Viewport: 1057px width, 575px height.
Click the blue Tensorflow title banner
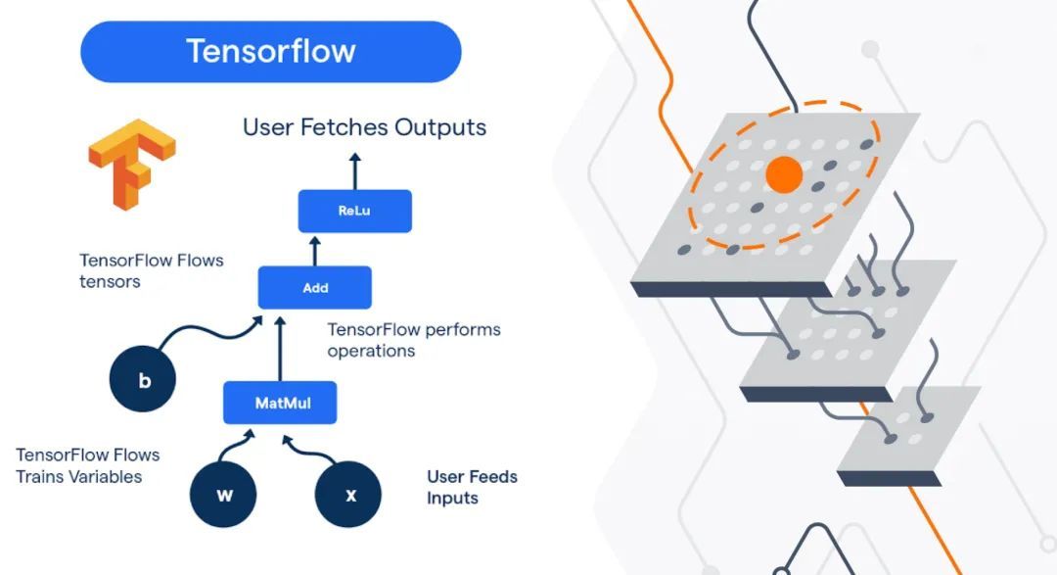pyautogui.click(x=270, y=51)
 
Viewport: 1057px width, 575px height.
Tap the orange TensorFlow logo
pyautogui.click(x=131, y=163)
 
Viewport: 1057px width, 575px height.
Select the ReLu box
pyautogui.click(x=354, y=211)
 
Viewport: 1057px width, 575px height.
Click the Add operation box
pyautogui.click(x=315, y=288)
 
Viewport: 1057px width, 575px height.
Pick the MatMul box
pyautogui.click(x=280, y=403)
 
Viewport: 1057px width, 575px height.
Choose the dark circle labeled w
pyautogui.click(x=224, y=495)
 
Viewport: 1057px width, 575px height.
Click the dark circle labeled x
pyautogui.click(x=349, y=495)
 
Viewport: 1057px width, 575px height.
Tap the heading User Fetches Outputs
pyautogui.click(x=364, y=127)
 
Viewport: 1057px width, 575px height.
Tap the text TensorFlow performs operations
pyautogui.click(x=413, y=340)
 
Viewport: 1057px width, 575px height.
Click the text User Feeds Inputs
pyautogui.click(x=472, y=487)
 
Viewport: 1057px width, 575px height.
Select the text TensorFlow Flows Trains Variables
pyautogui.click(x=87, y=466)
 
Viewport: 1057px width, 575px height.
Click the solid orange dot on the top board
pyautogui.click(x=784, y=174)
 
